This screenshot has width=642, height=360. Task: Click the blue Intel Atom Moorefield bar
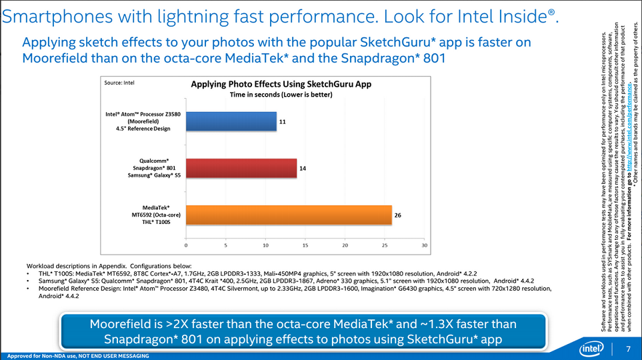[231, 121]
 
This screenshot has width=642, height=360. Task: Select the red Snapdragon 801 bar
[241, 168]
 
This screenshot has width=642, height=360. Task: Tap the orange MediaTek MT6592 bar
[288, 215]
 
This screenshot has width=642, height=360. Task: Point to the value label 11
[283, 122]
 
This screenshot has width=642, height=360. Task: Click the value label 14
[303, 169]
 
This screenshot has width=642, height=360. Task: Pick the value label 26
[398, 215]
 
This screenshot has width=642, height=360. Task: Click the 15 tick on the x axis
[305, 245]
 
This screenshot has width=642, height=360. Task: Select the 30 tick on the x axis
[425, 245]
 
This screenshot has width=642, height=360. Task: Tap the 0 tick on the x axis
[187, 245]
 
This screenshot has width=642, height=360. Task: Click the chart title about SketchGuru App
[281, 85]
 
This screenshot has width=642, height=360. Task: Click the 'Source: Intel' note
[120, 83]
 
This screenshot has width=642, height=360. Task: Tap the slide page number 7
[628, 349]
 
